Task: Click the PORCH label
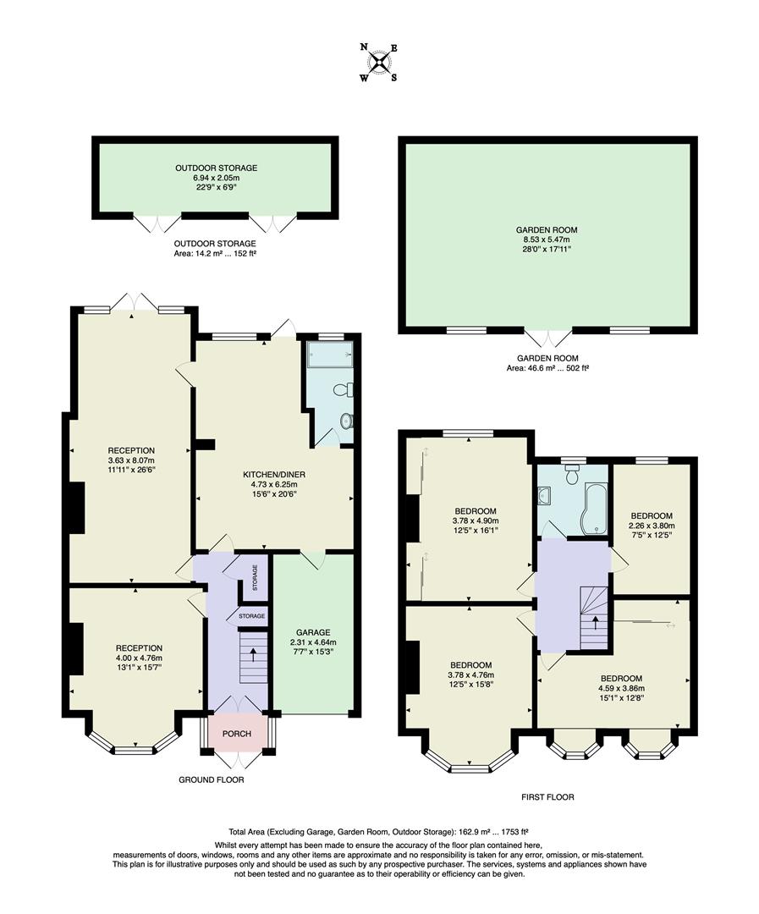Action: click(237, 734)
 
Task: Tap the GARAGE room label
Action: click(313, 632)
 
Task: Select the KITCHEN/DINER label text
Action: click(273, 474)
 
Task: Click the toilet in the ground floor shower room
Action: click(344, 390)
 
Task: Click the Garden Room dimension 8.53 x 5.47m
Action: click(547, 240)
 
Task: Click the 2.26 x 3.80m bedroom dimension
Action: click(652, 526)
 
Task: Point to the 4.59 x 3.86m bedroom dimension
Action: click(621, 689)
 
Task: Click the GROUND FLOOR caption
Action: click(212, 779)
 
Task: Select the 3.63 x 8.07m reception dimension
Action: click(131, 460)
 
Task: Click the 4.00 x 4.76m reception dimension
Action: click(139, 658)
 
